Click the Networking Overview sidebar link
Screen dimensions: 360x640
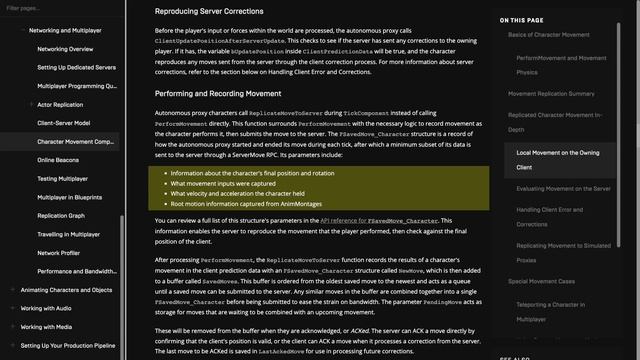64,48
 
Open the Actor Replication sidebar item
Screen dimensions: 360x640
60,103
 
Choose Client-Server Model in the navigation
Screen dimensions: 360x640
63,122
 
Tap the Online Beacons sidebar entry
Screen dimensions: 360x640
58,159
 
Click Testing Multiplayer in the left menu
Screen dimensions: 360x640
63,178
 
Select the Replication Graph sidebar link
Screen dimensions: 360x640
61,215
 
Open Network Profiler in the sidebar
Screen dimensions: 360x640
58,252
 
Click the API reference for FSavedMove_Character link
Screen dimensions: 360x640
380,220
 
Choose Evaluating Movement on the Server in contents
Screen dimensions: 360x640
562,189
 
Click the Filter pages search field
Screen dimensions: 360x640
60,8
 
